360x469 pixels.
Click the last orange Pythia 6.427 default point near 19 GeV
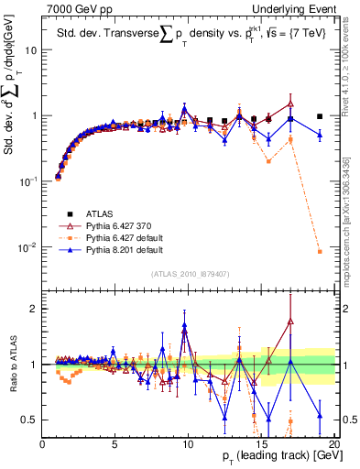pyautogui.click(x=320, y=252)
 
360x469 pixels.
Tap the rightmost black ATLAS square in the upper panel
pyautogui.click(x=320, y=116)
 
